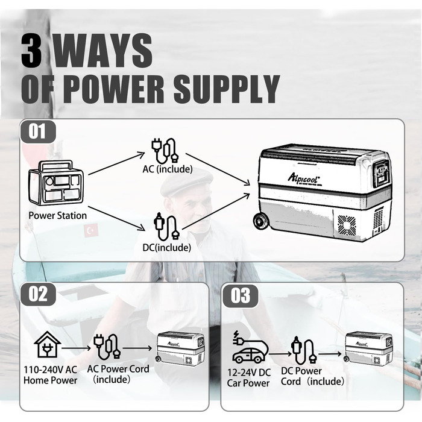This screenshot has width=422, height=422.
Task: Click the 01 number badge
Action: click(37, 131)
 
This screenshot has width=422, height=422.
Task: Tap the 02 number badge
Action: click(38, 294)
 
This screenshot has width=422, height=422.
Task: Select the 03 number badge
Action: click(241, 296)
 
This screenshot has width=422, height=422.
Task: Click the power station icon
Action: click(55, 183)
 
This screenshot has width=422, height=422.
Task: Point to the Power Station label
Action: click(58, 216)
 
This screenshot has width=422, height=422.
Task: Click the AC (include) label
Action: click(168, 169)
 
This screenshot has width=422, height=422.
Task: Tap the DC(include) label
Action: click(167, 248)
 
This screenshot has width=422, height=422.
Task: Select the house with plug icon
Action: click(48, 344)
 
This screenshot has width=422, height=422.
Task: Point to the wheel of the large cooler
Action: click(260, 222)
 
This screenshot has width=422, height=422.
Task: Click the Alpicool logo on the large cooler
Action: click(304, 178)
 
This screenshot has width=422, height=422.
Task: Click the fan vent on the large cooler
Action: click(347, 225)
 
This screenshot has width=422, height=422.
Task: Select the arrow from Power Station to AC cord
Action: click(116, 163)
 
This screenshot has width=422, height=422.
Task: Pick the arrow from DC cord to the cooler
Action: click(216, 212)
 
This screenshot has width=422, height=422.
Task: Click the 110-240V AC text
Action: click(50, 370)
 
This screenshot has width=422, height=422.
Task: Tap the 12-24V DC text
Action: click(249, 373)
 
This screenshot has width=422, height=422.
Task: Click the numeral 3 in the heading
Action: click(32, 51)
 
